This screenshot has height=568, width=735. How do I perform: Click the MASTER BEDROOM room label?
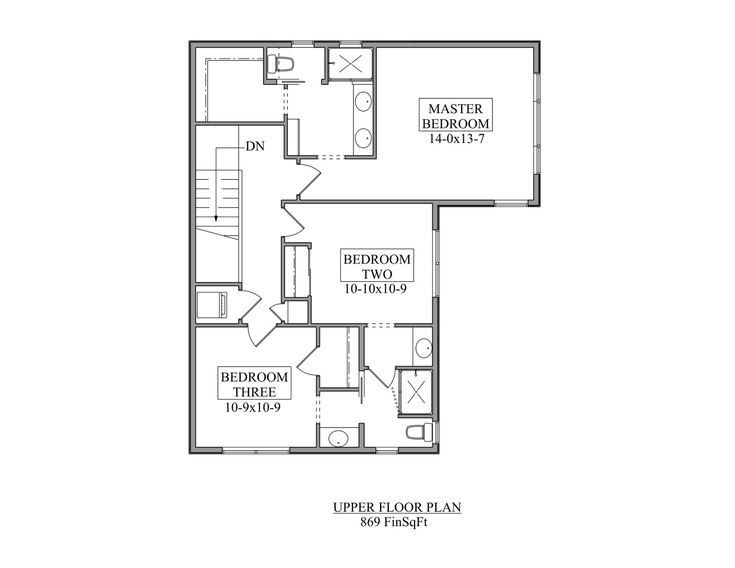pyautogui.click(x=455, y=115)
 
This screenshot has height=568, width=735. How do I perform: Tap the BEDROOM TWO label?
pyautogui.click(x=377, y=266)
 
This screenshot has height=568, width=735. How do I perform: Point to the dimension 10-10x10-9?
pyautogui.click(x=376, y=289)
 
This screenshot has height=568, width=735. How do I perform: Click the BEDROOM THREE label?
pyautogui.click(x=254, y=384)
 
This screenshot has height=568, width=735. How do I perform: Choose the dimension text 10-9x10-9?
pyautogui.click(x=253, y=408)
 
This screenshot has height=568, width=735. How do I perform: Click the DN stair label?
pyautogui.click(x=255, y=146)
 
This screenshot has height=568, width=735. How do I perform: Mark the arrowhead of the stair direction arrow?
pyautogui.click(x=216, y=218)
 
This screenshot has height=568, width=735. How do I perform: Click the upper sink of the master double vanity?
pyautogui.click(x=363, y=103)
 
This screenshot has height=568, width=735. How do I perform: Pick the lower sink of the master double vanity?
pyautogui.click(x=363, y=137)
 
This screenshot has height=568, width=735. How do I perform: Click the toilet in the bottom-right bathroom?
pyautogui.click(x=416, y=432)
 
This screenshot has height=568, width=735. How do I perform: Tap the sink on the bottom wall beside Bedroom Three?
pyautogui.click(x=338, y=439)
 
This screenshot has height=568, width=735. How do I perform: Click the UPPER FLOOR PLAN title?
pyautogui.click(x=397, y=507)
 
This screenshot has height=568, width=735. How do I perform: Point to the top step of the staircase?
pyautogui.click(x=217, y=176)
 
